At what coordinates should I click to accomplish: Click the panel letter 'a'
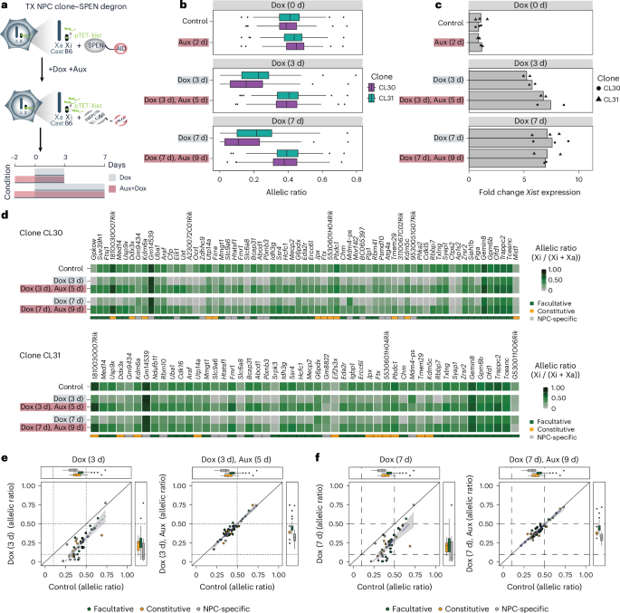click(5, 6)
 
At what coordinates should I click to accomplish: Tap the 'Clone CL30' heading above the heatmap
click(43, 233)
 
